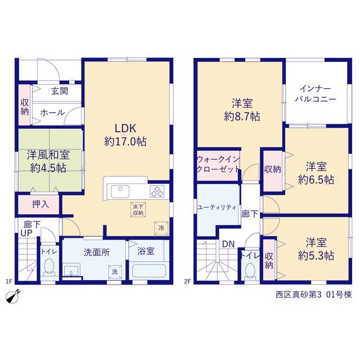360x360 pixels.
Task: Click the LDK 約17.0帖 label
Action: point(125,135)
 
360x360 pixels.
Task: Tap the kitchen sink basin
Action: point(120,191)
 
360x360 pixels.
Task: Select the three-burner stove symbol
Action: point(157,191)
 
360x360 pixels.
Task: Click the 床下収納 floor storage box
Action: point(138,209)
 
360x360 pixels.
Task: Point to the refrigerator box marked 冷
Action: point(161,228)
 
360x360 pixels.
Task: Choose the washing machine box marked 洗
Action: point(115,272)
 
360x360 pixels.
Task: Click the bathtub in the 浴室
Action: point(149,271)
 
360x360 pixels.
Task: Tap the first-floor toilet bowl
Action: point(49,268)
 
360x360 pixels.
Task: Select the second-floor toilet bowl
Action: point(250,271)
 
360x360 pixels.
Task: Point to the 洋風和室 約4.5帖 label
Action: point(48,161)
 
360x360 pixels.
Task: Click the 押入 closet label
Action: point(40,204)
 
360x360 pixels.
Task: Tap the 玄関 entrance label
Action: point(60,91)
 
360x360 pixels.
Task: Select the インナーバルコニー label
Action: point(316,94)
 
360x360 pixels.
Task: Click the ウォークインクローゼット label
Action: point(218,164)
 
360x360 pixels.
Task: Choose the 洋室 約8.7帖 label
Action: point(242,110)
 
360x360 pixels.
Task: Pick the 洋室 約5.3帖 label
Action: point(316,249)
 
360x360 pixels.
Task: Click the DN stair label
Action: point(228,244)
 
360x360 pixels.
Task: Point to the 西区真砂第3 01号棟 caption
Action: point(314,295)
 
